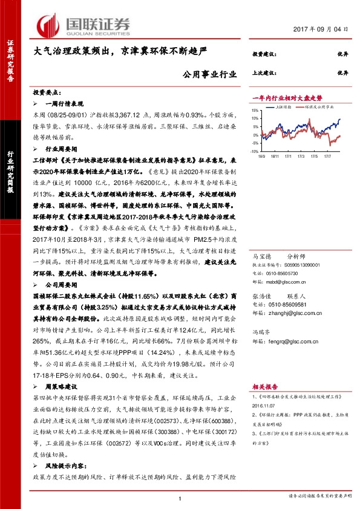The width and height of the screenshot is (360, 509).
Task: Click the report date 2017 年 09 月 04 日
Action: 324,29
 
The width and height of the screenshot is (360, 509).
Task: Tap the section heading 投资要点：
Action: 47,92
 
